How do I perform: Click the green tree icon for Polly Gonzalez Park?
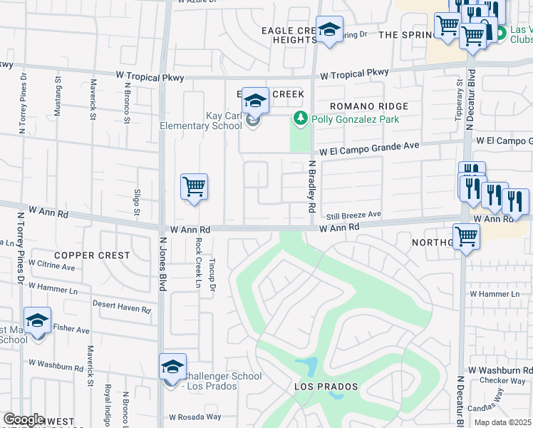(x=301, y=119)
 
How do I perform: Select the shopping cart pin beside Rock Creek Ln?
(x=194, y=188)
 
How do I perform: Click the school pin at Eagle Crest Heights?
(x=329, y=31)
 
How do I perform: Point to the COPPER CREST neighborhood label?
(x=93, y=255)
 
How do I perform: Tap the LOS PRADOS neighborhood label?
(x=326, y=387)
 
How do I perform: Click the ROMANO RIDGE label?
(x=370, y=106)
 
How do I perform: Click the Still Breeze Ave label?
(x=354, y=215)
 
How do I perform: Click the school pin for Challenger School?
(x=172, y=367)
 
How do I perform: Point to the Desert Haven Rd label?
(x=122, y=306)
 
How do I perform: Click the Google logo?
(x=24, y=419)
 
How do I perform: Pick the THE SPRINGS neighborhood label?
(x=403, y=34)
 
